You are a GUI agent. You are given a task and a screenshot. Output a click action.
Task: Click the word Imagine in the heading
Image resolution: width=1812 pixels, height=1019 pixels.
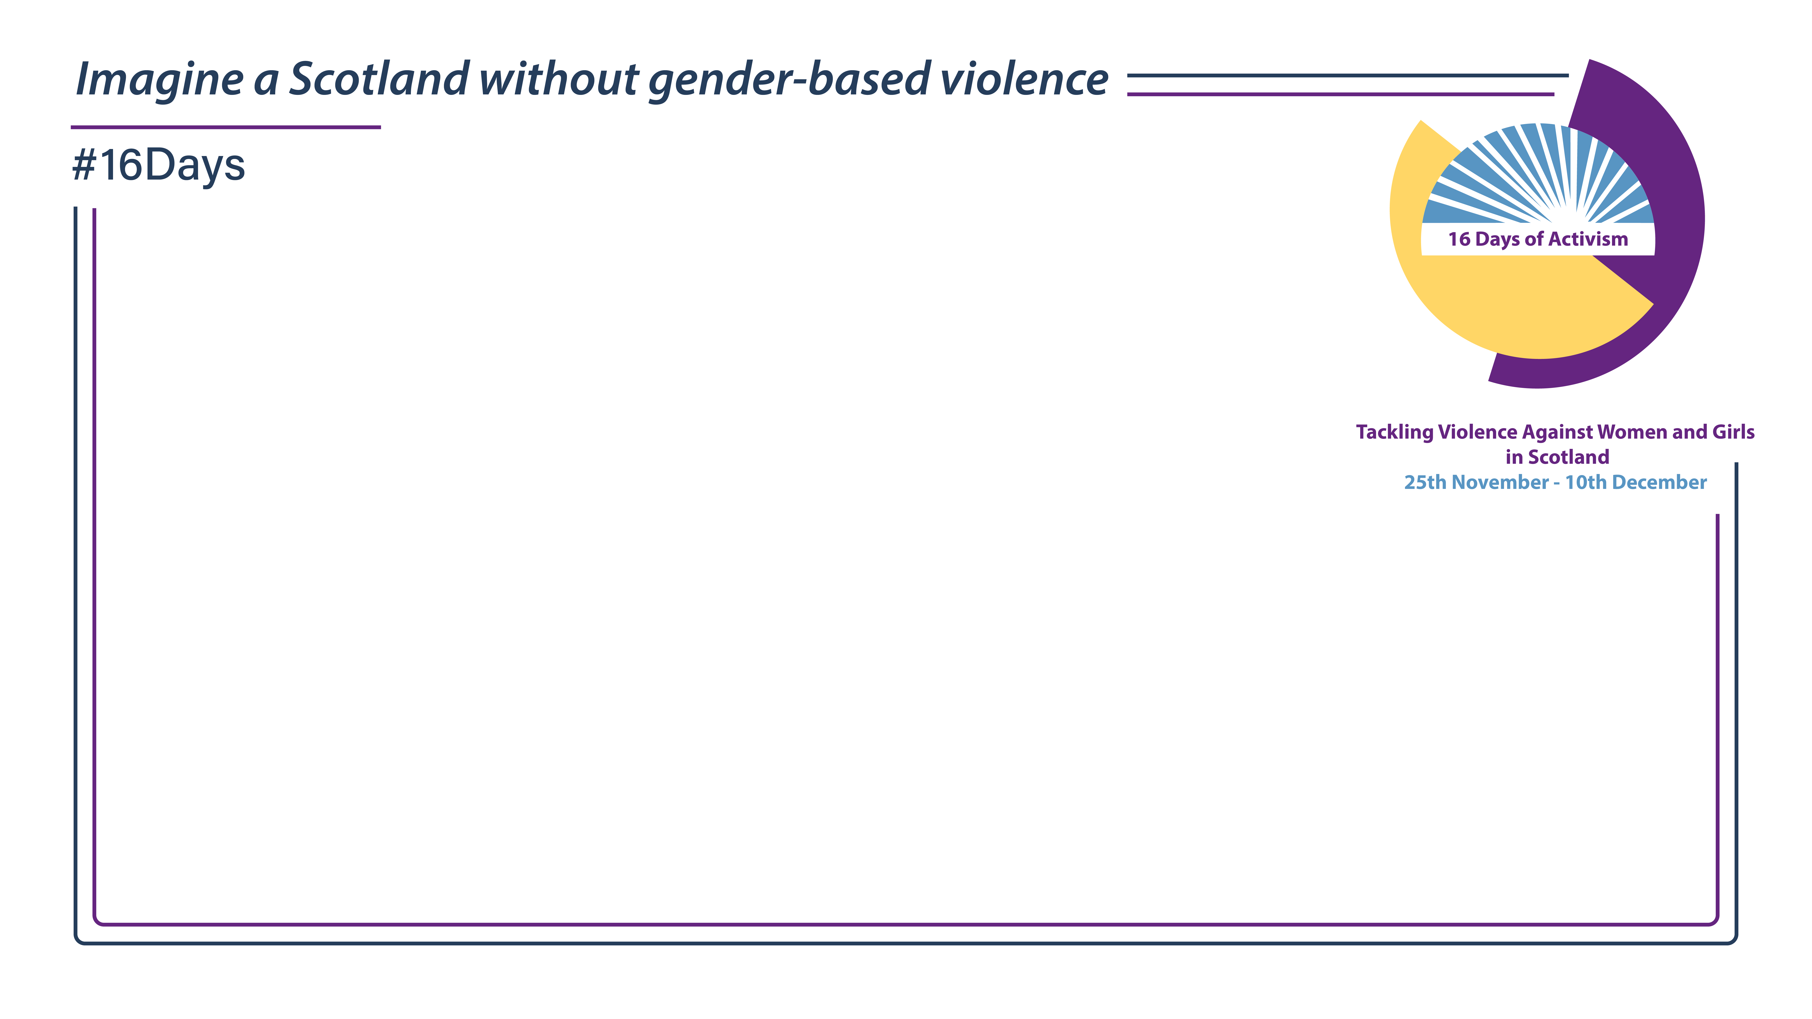[x=160, y=79]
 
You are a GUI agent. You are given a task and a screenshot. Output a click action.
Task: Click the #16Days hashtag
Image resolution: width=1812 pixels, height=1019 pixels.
[x=159, y=166]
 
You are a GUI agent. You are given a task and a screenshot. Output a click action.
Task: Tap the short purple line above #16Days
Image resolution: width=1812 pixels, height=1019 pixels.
[x=226, y=127]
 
